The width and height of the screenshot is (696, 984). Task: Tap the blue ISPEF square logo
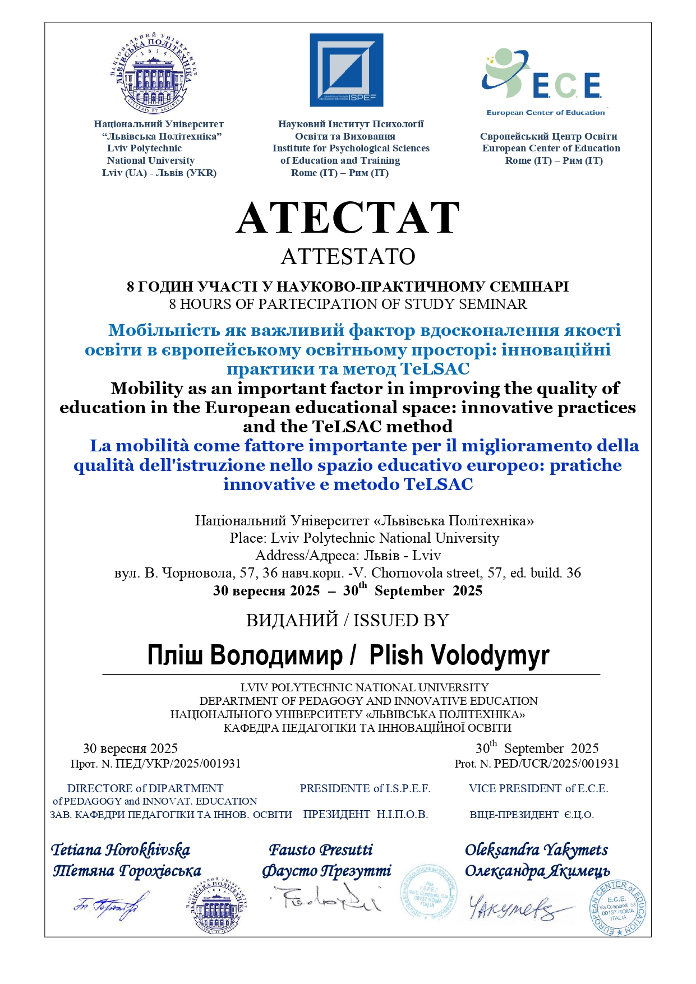347,70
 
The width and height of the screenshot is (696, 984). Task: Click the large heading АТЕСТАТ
348,218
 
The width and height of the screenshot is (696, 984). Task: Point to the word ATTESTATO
348,257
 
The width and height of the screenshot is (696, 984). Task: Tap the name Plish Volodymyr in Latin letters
459,655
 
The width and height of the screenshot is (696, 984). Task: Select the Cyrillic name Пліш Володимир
245,655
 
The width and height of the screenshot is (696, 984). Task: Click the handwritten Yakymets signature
513,908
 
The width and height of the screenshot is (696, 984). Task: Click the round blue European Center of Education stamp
617,908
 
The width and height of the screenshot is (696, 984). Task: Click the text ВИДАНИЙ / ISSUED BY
348,621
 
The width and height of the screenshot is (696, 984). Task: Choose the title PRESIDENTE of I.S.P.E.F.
365,789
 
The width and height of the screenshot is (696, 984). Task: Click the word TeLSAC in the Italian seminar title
438,484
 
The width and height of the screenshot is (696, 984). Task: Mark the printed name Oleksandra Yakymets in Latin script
536,850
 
